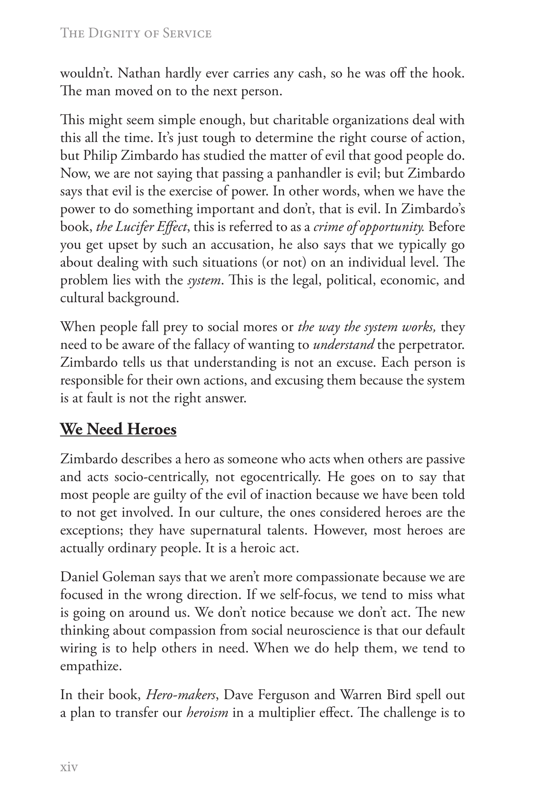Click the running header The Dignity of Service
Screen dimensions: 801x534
(135, 33)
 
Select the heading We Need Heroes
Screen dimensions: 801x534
(118, 429)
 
